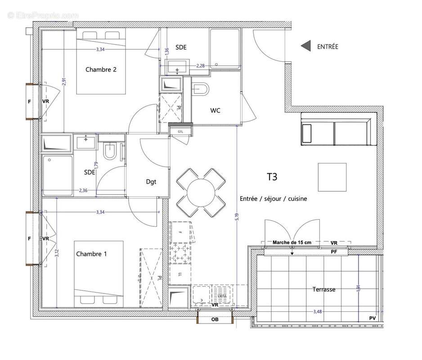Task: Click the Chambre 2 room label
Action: click(x=101, y=69)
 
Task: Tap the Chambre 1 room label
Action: click(x=91, y=254)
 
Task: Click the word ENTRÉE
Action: click(x=328, y=46)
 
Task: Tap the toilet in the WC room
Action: click(x=200, y=89)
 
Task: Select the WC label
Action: click(x=215, y=111)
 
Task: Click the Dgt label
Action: click(x=151, y=182)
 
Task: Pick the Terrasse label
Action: click(x=324, y=289)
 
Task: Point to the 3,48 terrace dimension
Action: click(x=318, y=311)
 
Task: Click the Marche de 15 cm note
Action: click(x=292, y=243)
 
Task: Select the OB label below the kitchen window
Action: click(x=215, y=320)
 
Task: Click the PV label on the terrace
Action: click(x=372, y=318)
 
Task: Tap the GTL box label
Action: click(x=180, y=131)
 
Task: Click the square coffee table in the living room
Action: click(x=332, y=177)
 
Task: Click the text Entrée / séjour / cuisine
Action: click(x=273, y=198)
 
